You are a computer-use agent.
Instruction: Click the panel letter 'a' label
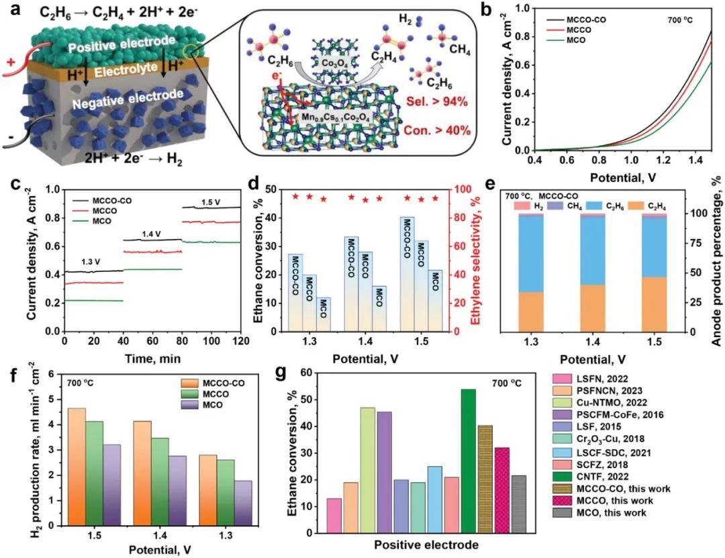coord(8,9)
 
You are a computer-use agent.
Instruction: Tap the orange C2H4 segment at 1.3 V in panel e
coord(532,312)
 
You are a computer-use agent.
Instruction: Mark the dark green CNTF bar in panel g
coord(469,461)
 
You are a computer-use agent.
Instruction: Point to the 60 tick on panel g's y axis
coord(309,373)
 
